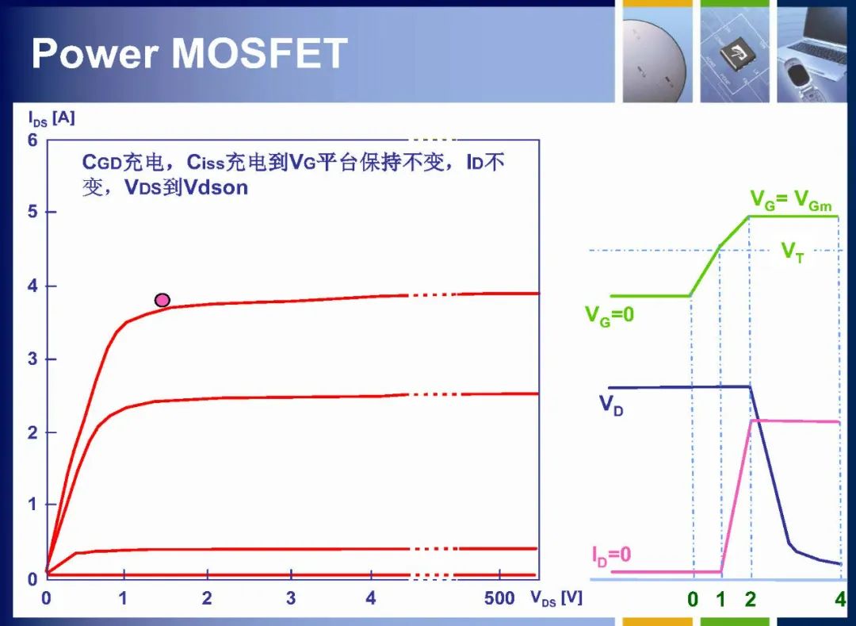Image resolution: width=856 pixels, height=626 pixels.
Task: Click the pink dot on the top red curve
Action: [x=162, y=300]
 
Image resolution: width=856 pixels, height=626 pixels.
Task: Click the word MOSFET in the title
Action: [x=259, y=53]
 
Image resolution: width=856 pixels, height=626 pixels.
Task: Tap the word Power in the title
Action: [x=95, y=53]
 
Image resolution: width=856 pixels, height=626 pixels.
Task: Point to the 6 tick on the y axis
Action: [x=32, y=140]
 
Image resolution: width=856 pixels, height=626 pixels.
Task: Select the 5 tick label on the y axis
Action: [x=32, y=211]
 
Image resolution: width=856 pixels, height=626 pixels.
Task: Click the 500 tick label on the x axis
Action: [x=499, y=598]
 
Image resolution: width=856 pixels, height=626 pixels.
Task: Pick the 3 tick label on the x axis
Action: [x=290, y=598]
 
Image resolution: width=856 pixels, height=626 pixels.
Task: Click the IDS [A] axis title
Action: [x=52, y=118]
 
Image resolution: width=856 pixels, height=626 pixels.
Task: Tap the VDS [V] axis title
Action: [x=556, y=598]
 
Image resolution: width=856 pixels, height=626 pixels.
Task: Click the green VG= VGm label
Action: [x=791, y=200]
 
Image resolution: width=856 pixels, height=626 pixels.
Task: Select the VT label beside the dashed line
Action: [x=793, y=252]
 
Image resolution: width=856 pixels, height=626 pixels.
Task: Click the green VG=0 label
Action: [x=610, y=316]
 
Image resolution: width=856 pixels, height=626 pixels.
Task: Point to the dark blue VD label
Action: [x=611, y=405]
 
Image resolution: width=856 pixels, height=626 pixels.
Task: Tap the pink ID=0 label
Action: [x=611, y=555]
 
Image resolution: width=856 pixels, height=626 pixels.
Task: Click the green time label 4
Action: [x=840, y=600]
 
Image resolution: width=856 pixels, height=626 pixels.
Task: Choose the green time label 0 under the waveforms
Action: [x=693, y=600]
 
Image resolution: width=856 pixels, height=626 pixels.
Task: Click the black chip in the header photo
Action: [x=735, y=53]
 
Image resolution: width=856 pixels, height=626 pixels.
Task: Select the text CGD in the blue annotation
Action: [x=102, y=162]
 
